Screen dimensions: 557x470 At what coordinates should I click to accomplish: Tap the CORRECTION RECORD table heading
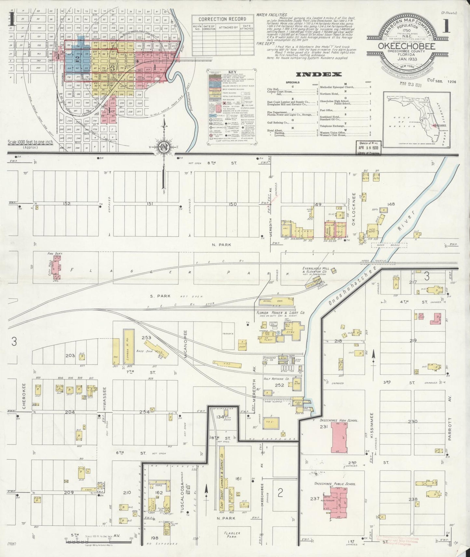[222, 19]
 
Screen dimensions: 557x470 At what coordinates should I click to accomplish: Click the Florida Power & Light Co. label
[279, 313]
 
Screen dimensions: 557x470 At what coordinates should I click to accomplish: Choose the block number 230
[412, 421]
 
